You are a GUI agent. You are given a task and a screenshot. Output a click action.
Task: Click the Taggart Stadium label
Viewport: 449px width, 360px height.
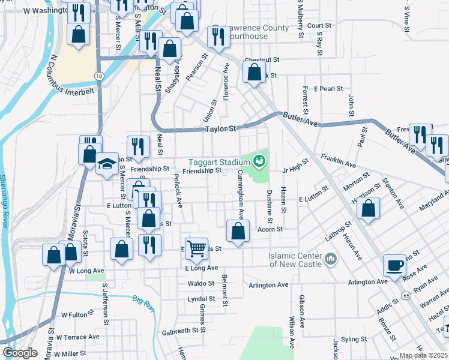218,162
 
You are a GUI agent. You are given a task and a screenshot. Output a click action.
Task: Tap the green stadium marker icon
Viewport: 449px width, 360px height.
259,160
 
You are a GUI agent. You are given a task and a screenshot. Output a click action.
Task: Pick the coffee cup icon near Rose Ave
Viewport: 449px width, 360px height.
394,265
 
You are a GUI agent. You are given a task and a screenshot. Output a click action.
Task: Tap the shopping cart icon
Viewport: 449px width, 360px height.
196,247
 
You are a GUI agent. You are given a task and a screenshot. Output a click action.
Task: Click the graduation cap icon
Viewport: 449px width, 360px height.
107,163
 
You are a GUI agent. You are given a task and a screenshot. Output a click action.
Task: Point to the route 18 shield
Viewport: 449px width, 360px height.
98,74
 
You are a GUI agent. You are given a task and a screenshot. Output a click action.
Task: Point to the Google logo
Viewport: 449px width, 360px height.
20,353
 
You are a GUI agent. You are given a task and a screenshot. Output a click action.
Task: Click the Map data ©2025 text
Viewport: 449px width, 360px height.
423,355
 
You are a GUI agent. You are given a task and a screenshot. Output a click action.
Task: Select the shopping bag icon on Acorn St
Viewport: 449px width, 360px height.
238,230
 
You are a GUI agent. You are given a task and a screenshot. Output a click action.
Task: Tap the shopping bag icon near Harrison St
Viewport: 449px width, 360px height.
369,208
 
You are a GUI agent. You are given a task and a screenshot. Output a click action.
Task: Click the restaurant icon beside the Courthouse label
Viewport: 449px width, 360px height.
216,37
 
